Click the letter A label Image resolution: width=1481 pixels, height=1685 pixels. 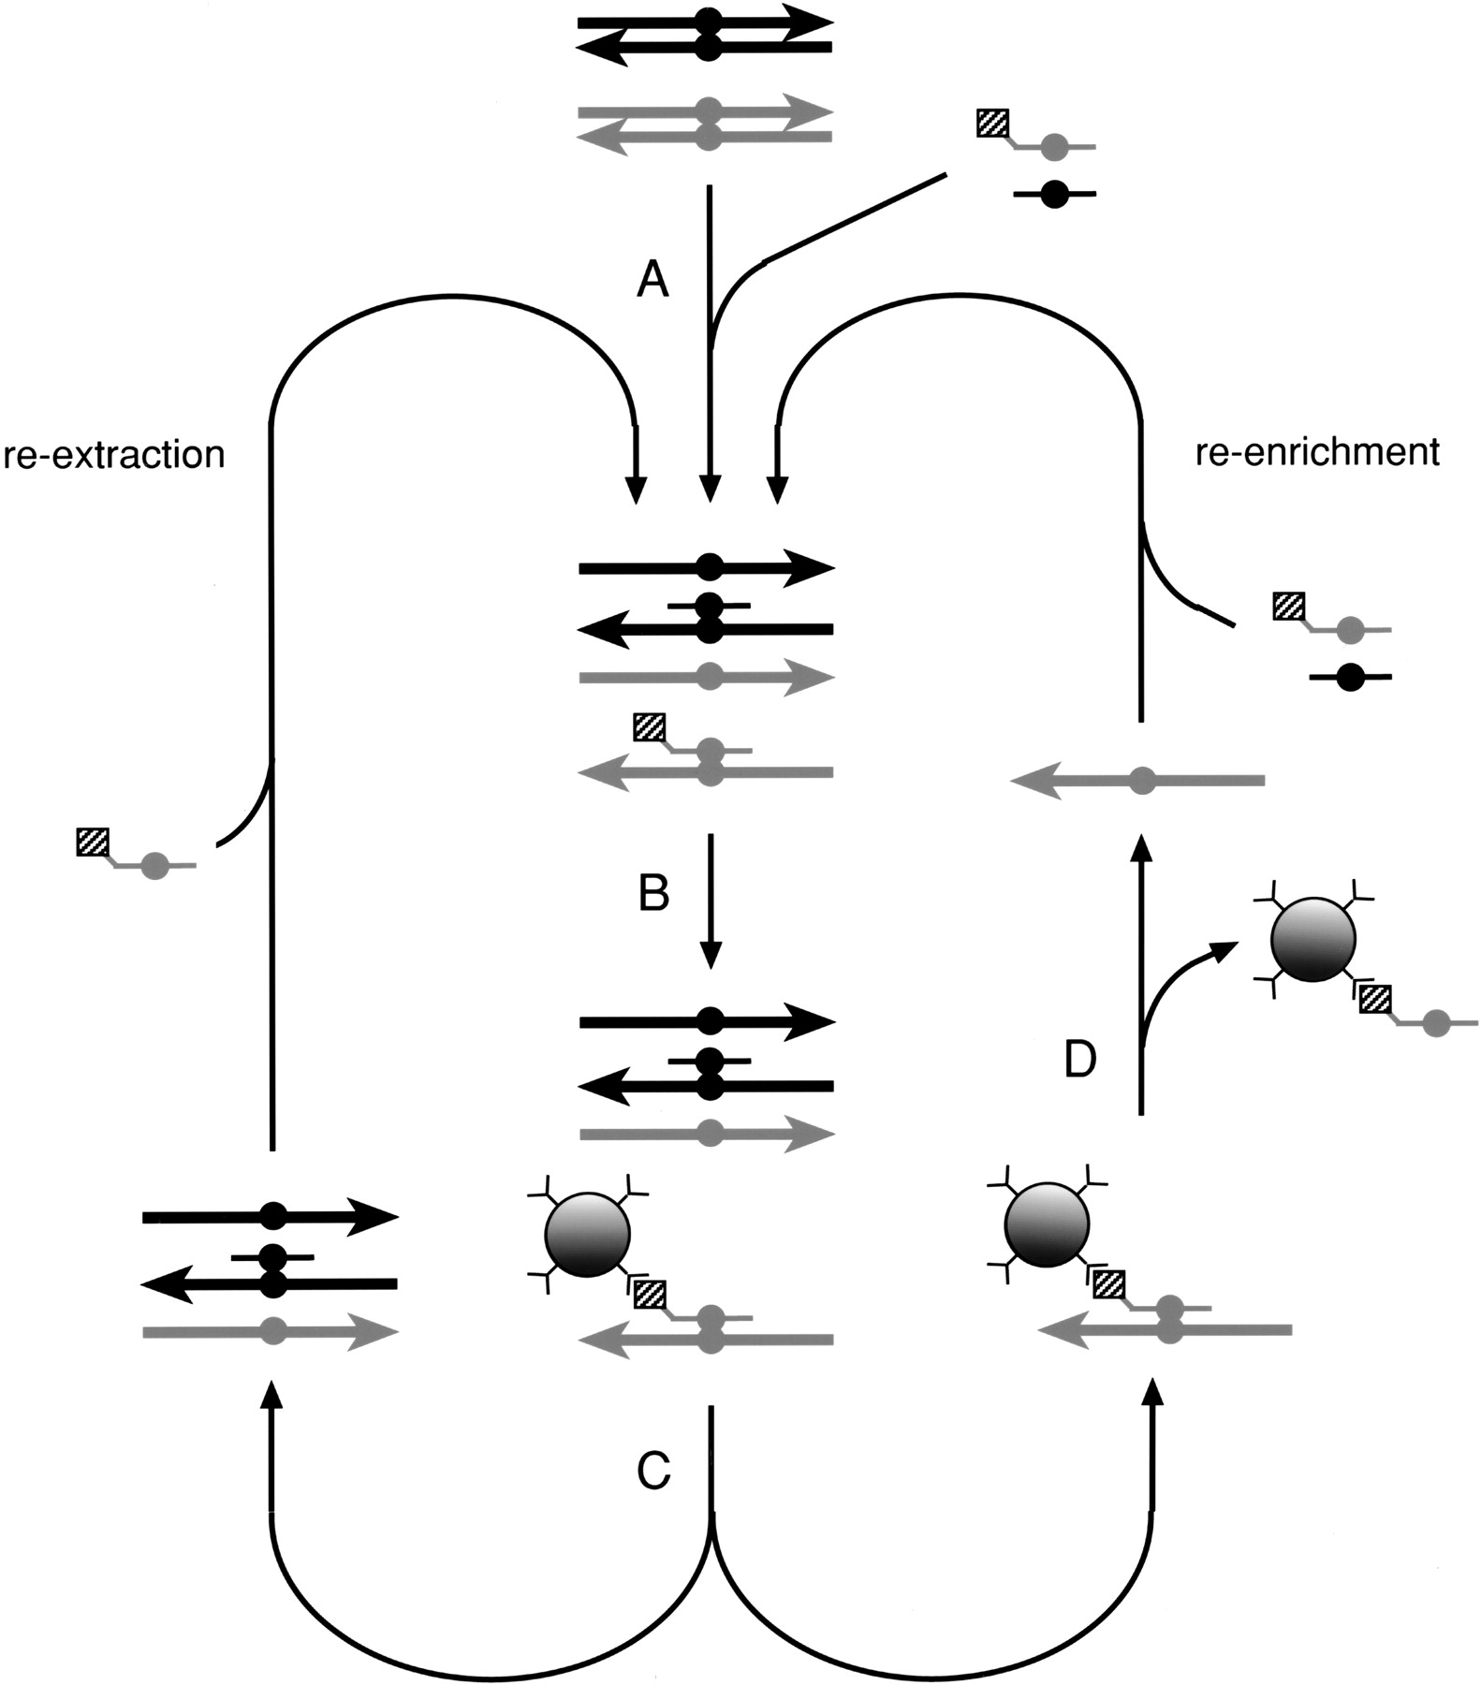pyautogui.click(x=653, y=279)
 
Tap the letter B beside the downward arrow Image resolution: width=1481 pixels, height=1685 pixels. pyautogui.click(x=653, y=893)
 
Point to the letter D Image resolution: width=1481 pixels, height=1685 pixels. pyautogui.click(x=1080, y=1060)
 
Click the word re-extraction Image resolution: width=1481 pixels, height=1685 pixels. pyautogui.click(x=113, y=455)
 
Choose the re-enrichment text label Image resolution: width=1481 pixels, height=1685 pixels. pyautogui.click(x=1317, y=452)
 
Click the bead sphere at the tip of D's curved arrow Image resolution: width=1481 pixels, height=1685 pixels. pyautogui.click(x=1312, y=941)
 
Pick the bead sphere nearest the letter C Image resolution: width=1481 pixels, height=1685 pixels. pyautogui.click(x=587, y=1234)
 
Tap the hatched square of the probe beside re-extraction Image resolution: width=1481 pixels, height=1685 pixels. pyautogui.click(x=93, y=842)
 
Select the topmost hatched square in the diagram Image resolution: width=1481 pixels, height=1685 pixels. pyautogui.click(x=992, y=124)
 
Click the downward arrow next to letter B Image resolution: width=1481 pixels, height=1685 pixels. pyautogui.click(x=711, y=899)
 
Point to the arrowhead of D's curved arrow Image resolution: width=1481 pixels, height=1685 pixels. pyautogui.click(x=1221, y=949)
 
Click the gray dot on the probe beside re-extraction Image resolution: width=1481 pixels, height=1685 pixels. pyautogui.click(x=155, y=867)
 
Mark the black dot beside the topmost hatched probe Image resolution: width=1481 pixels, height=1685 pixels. pyautogui.click(x=1054, y=195)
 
